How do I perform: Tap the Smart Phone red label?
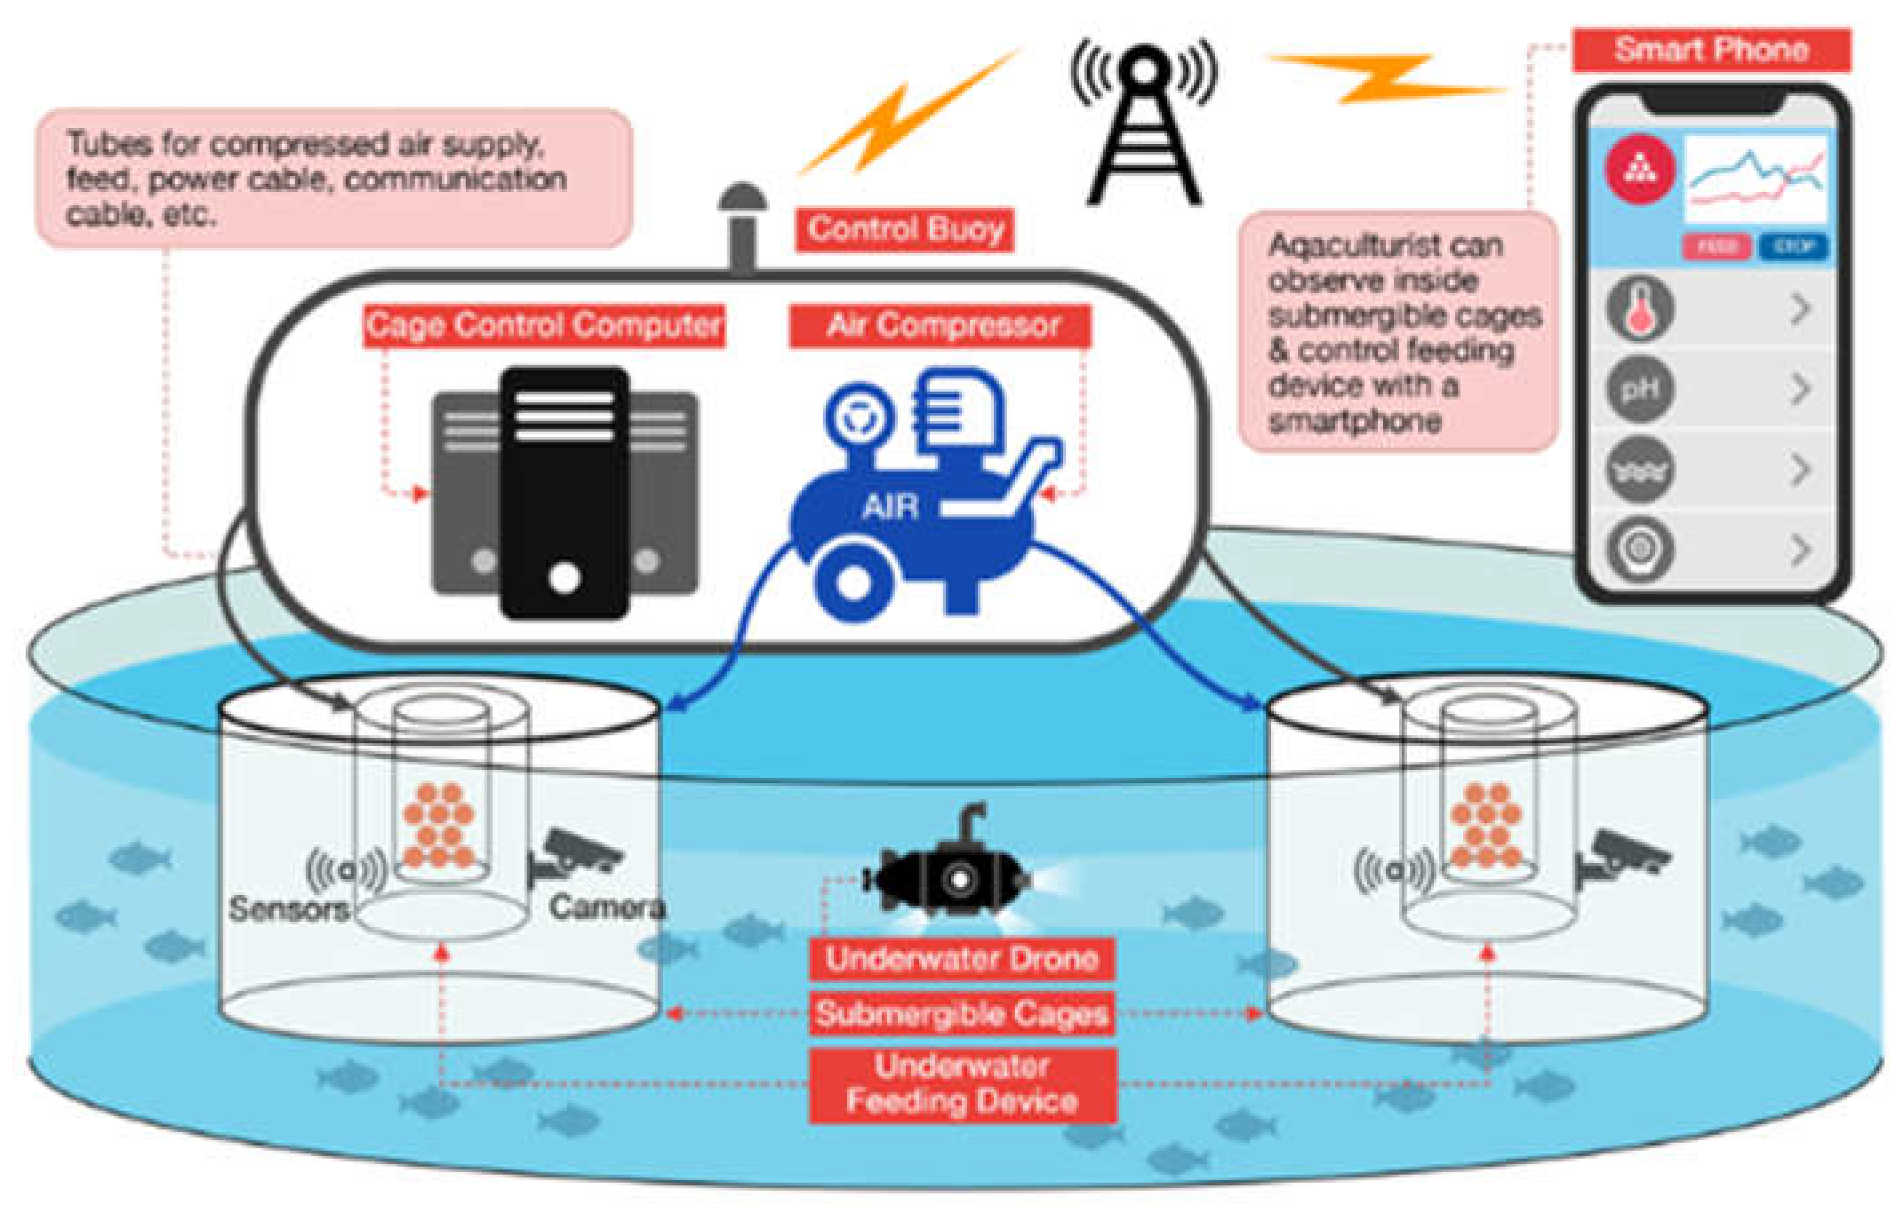(1711, 51)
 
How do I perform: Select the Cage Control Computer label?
(544, 325)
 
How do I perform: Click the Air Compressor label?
(941, 325)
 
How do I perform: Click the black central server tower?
(565, 490)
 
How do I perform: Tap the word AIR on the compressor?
(890, 507)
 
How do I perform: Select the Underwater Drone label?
(962, 958)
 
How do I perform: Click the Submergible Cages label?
(962, 1014)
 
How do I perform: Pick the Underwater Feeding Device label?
(962, 1084)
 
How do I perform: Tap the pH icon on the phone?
(1640, 388)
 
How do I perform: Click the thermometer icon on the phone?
(1640, 307)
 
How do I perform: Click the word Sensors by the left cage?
(289, 908)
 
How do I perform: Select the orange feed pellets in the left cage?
(439, 826)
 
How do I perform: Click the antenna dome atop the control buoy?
(742, 197)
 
